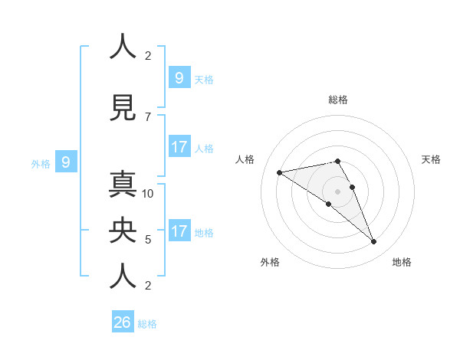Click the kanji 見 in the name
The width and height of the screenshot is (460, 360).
[123, 107]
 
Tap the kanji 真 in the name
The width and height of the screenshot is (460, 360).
[123, 187]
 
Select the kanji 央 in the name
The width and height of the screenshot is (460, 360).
[123, 232]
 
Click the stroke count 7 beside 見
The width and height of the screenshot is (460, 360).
[148, 116]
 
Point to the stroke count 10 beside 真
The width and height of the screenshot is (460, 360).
[149, 194]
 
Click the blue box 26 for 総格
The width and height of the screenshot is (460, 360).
[123, 322]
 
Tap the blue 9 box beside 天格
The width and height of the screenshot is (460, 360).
[179, 77]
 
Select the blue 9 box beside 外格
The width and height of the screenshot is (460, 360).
[66, 162]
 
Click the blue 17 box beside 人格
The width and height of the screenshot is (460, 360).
[179, 146]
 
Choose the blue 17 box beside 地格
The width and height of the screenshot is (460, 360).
[179, 231]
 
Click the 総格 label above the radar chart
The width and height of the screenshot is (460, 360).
[338, 100]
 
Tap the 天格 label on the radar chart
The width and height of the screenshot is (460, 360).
[431, 159]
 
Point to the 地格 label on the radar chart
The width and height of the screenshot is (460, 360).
[402, 262]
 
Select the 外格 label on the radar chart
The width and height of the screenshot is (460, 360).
[270, 262]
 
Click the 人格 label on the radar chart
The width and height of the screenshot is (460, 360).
[245, 159]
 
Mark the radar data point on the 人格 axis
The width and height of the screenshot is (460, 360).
[280, 172]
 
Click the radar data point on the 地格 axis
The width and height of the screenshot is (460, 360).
[374, 242]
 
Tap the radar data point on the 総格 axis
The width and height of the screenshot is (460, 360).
[338, 161]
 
